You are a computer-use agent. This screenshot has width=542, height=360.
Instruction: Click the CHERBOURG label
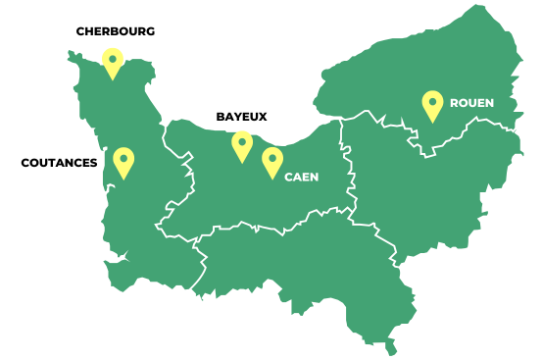[116, 31]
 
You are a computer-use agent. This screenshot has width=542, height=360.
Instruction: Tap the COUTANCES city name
[59, 163]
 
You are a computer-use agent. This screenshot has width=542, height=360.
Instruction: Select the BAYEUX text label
[241, 117]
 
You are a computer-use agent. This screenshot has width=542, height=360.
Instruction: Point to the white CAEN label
[302, 178]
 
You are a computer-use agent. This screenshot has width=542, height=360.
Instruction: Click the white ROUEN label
[471, 103]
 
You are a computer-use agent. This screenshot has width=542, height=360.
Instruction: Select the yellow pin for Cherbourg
[114, 62]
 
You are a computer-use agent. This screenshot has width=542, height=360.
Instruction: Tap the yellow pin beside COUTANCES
[123, 161]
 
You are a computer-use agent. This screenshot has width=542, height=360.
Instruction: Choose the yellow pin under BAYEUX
[242, 145]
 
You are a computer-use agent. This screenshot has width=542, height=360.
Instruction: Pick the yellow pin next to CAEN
[272, 161]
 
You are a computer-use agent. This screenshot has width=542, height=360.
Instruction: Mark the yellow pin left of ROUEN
[432, 104]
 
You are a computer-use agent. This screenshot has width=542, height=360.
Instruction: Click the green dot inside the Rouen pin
[432, 100]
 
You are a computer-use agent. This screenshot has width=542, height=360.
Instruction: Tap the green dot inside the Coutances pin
[123, 157]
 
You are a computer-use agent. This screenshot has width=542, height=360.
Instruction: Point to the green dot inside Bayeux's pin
[242, 141]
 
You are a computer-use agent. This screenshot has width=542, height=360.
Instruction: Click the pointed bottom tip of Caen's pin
[272, 179]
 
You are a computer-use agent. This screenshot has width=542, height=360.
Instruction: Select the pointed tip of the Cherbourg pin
[114, 79]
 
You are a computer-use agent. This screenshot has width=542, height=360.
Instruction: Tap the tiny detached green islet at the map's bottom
[391, 347]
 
